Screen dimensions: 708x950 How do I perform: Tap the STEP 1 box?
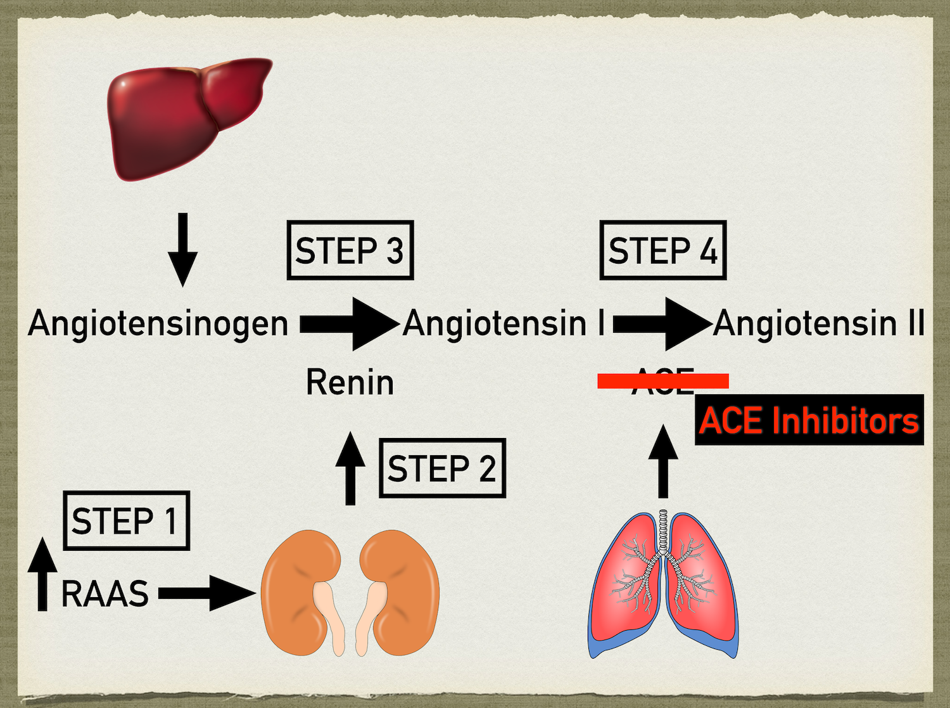pos(126,520)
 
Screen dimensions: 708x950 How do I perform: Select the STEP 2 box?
pos(442,468)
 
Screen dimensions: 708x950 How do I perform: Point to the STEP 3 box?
pos(350,250)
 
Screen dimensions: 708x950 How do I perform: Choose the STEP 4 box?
pos(662,250)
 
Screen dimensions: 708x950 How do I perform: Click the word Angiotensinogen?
pos(158,323)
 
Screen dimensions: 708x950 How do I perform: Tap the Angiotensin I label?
pos(504,323)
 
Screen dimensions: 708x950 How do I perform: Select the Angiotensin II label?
pos(819,323)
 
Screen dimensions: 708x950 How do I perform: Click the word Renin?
pos(350,382)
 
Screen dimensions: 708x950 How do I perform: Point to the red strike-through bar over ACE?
pos(663,380)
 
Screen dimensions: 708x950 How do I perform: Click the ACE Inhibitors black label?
pos(809,420)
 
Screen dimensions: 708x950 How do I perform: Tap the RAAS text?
pos(104,594)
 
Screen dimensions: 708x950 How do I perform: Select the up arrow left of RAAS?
pos(42,574)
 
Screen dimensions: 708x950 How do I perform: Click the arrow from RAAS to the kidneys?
pos(206,593)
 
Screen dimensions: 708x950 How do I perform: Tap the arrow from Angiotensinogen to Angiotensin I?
pos(348,324)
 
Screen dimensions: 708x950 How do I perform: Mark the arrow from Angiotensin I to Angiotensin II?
pos(662,324)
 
